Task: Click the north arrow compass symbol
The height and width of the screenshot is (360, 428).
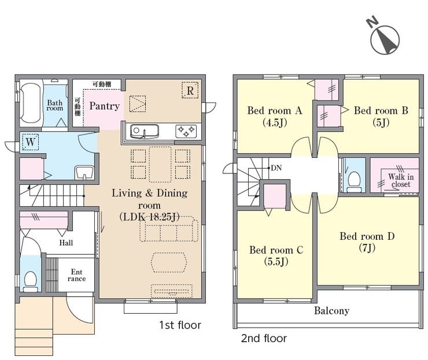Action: coord(385,39)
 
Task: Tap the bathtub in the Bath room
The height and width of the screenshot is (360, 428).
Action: coord(31,103)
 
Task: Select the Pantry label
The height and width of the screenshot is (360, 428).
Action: coord(105,106)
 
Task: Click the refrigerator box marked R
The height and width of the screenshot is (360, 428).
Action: coord(190,90)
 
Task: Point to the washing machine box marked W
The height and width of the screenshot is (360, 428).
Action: coord(30,142)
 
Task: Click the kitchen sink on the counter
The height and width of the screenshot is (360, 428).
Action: coord(145,131)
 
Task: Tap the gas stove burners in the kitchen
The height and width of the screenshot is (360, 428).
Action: coord(186,131)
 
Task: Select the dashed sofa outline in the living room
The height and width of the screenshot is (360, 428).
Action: coord(169,229)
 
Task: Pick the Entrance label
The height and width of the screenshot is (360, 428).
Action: coord(76,275)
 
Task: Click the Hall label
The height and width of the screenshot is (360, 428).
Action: coord(66,243)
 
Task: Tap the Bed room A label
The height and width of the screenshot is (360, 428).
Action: coord(275,110)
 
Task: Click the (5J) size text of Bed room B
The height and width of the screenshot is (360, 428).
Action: coord(381,123)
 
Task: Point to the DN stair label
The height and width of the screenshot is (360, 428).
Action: coord(276,168)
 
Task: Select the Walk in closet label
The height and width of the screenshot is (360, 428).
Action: coord(401,180)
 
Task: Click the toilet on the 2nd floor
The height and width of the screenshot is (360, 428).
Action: coord(355,181)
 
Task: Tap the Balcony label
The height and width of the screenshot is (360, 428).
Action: coord(331,311)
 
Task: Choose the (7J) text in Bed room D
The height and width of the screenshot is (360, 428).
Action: coord(367,248)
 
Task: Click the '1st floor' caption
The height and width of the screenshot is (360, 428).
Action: coord(180,325)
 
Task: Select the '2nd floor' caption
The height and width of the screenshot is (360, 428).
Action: coord(264,339)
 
